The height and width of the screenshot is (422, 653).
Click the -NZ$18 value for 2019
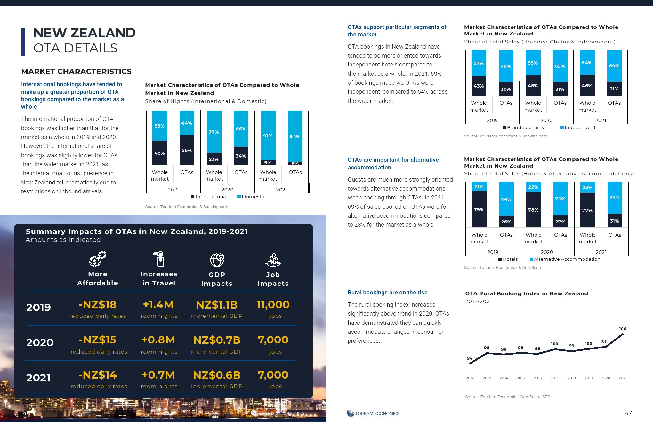98,305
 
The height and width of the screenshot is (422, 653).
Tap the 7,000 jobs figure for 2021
273,375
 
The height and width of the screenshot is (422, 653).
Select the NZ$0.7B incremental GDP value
217,340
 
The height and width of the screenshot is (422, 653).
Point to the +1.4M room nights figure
158,305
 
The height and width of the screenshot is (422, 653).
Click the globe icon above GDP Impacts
217,260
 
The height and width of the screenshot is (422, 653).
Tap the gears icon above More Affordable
97,259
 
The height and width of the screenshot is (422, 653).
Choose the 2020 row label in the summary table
40,343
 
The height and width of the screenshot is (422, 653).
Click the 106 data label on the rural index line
622,329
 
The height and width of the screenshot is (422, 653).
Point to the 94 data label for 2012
470,358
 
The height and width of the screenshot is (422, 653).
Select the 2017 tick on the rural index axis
554,378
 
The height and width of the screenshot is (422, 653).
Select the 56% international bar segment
187,150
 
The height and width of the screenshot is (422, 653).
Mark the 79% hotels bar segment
479,209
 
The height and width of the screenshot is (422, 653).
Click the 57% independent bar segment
479,63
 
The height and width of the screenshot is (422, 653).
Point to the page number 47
628,413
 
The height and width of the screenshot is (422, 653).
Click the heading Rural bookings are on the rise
387,293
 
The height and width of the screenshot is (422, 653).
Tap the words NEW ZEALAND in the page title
85,33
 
